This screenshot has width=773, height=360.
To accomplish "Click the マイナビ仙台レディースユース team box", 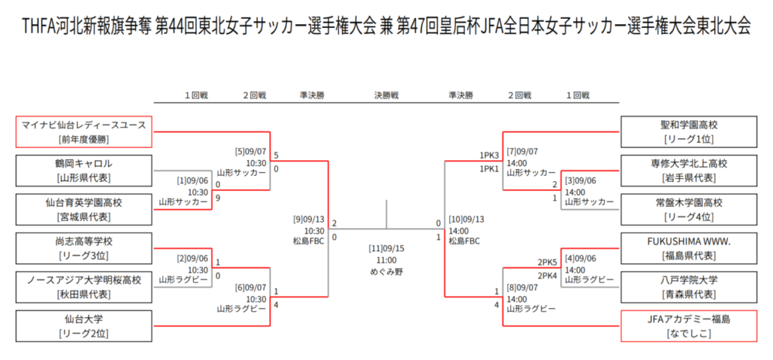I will coord(84,131).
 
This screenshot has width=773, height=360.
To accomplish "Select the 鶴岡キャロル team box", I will coord(84,171).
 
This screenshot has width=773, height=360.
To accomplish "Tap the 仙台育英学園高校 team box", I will coord(84,210).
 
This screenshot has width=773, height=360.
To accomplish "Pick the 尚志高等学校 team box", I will coord(84,248).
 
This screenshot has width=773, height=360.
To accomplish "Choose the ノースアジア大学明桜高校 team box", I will coord(84,287).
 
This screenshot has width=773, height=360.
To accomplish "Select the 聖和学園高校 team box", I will coord(688,131).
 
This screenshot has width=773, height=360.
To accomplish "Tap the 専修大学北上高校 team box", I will coord(688,171).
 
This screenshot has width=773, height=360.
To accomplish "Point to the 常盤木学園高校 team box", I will coord(688,210).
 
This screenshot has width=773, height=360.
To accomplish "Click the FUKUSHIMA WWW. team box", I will coord(688,248).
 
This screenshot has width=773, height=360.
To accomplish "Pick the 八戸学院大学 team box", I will coord(688,287).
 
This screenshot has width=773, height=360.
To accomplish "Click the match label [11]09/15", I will coord(386,248).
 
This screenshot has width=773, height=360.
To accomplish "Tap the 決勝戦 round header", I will coord(386,96).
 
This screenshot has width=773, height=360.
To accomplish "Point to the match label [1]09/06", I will coord(192,181).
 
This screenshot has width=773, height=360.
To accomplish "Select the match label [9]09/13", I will coord(310,220).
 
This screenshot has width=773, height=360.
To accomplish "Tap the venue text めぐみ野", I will coord(386,271).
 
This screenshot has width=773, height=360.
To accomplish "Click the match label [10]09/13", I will coord(466,220).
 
